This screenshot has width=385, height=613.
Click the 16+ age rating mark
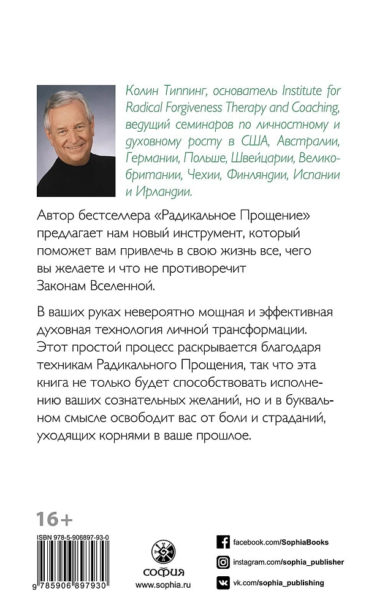[x=54, y=519]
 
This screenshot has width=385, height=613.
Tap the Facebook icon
[x=223, y=542]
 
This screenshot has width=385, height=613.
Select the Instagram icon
[x=223, y=562]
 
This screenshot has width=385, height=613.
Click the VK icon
[x=223, y=582]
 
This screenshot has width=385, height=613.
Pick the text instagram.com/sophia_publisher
[x=288, y=562]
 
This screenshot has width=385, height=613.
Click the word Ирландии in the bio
[x=166, y=192]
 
